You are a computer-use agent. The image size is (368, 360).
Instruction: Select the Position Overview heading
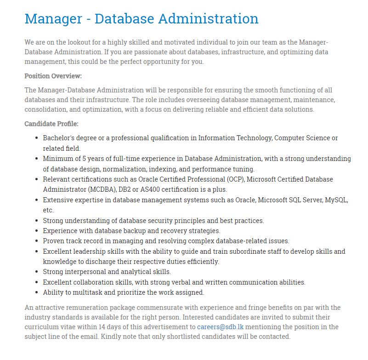pos(53,76)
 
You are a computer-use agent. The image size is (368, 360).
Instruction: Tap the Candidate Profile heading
pos(51,124)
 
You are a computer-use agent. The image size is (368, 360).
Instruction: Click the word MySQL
pos(336,200)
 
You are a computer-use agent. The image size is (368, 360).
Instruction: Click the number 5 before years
pos(84,159)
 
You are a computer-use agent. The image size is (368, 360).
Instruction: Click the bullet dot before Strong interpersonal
pos(37,272)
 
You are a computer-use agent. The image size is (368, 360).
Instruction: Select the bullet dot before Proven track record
pos(37,241)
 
